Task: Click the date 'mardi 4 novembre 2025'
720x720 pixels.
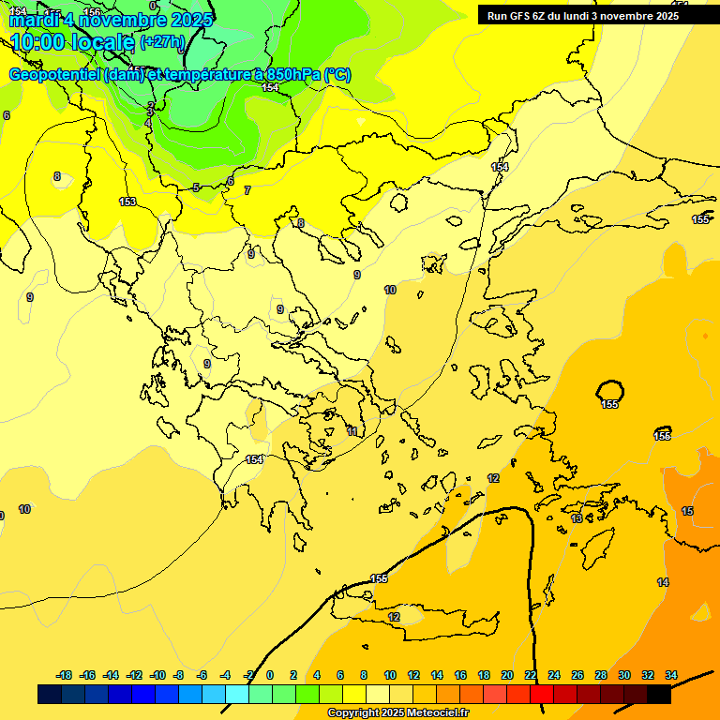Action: tap(111, 19)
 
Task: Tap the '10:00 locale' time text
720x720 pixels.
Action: tap(73, 41)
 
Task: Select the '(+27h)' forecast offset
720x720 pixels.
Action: tap(162, 42)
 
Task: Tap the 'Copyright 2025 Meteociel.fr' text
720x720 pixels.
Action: tap(397, 712)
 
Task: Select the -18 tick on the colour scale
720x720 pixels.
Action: tap(65, 675)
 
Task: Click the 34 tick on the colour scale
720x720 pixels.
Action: tap(671, 675)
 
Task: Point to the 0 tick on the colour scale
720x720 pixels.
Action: tap(270, 675)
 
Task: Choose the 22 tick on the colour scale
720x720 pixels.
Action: tap(531, 675)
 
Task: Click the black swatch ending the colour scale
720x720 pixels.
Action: tap(659, 695)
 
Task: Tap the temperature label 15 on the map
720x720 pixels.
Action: tap(687, 511)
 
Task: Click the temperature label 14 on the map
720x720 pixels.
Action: tap(663, 582)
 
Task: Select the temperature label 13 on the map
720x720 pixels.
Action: tap(577, 517)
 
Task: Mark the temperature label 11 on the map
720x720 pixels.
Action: tap(352, 431)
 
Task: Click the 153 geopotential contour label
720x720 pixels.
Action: tap(127, 202)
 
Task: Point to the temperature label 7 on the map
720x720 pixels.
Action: tap(247, 190)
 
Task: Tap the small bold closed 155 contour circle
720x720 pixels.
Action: tap(610, 391)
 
